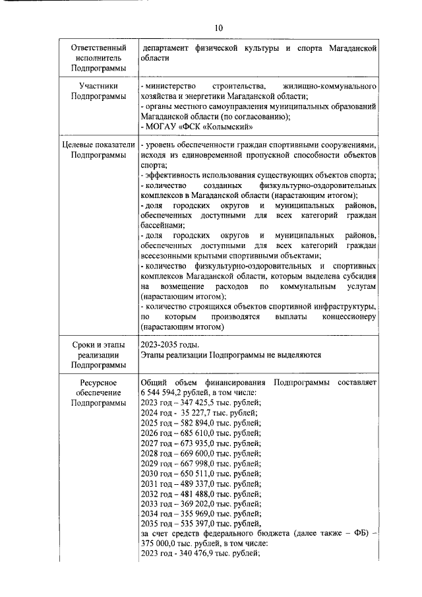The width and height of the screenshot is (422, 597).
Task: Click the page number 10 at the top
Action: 218,27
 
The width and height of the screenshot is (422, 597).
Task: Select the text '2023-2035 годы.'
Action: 169,344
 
